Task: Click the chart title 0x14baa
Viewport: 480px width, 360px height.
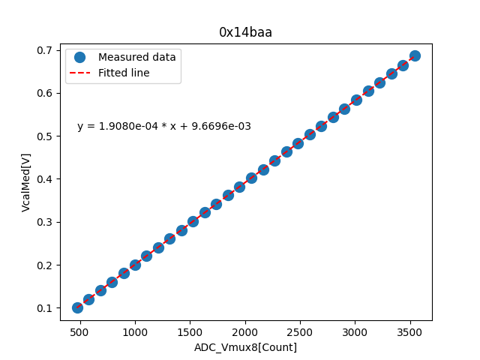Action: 245,32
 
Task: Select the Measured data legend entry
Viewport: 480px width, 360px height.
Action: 136,57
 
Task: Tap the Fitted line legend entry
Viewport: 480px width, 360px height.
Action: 124,73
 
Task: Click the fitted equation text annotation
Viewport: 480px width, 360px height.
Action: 164,127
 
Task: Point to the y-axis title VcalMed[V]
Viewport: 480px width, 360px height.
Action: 26,179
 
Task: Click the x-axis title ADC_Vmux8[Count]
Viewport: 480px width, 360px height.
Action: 245,347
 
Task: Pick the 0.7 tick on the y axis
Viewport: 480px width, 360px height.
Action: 46,50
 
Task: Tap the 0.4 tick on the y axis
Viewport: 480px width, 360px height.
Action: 46,179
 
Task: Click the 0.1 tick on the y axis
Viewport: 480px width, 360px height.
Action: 46,308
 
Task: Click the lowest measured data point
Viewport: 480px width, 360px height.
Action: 77,307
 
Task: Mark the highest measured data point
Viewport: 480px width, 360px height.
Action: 415,56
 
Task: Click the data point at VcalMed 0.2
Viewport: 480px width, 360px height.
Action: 135,265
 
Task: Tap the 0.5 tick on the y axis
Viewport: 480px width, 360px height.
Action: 46,136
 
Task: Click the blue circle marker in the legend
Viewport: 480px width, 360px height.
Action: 80,57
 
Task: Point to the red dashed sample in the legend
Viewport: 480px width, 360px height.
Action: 80,73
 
